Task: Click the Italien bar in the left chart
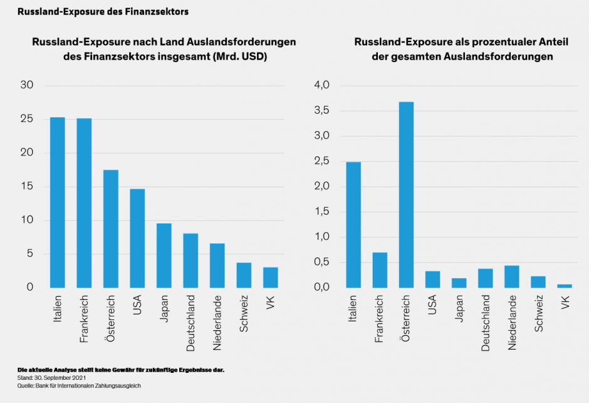tap(58, 202)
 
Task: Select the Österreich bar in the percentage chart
tap(406, 195)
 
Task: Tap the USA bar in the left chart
tap(137, 238)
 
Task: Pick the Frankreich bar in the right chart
tap(380, 270)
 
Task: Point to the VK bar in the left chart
tap(270, 277)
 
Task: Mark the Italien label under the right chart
tap(353, 311)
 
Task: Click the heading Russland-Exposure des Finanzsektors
tap(103, 11)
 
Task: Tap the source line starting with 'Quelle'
tap(78, 386)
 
